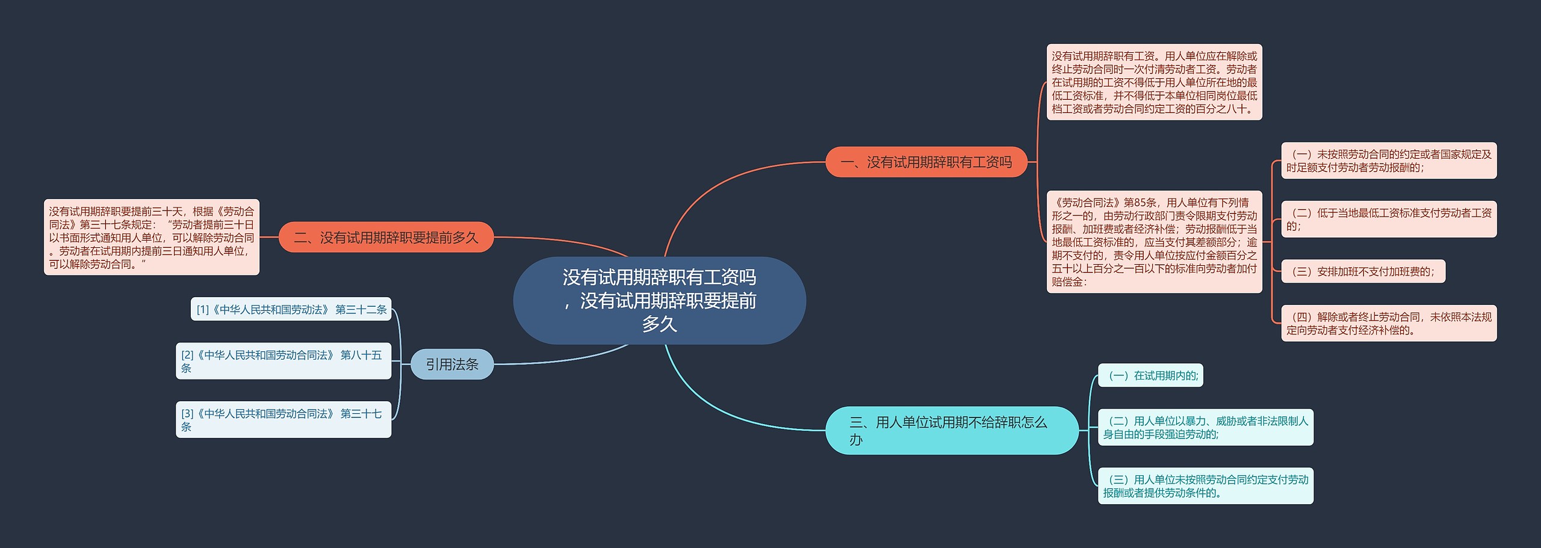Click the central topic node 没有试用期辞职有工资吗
pyautogui.click(x=659, y=300)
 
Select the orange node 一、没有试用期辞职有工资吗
pyautogui.click(x=926, y=162)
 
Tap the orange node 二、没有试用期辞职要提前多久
pyautogui.click(x=386, y=238)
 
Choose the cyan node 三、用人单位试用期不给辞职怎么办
pyautogui.click(x=951, y=431)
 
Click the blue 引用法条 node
pyautogui.click(x=451, y=364)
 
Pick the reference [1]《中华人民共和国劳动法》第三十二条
pyautogui.click(x=291, y=309)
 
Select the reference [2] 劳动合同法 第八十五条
pyautogui.click(x=283, y=361)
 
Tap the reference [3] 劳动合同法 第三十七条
pyautogui.click(x=283, y=419)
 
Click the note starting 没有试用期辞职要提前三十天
pyautogui.click(x=152, y=238)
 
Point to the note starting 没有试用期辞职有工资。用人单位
pyautogui.click(x=1154, y=82)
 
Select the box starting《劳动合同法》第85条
pyautogui.click(x=1154, y=242)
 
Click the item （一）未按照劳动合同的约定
pyautogui.click(x=1388, y=161)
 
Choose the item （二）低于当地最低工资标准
pyautogui.click(x=1388, y=219)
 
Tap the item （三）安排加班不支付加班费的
pyautogui.click(x=1363, y=271)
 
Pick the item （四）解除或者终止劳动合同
pyautogui.click(x=1388, y=323)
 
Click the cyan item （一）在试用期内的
pyautogui.click(x=1150, y=375)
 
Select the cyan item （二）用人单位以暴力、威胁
pyautogui.click(x=1205, y=427)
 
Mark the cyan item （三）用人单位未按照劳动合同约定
pyautogui.click(x=1205, y=485)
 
